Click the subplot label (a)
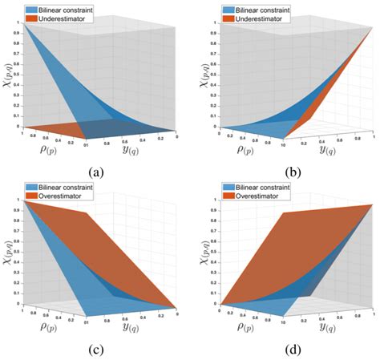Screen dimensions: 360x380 click(97, 171)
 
